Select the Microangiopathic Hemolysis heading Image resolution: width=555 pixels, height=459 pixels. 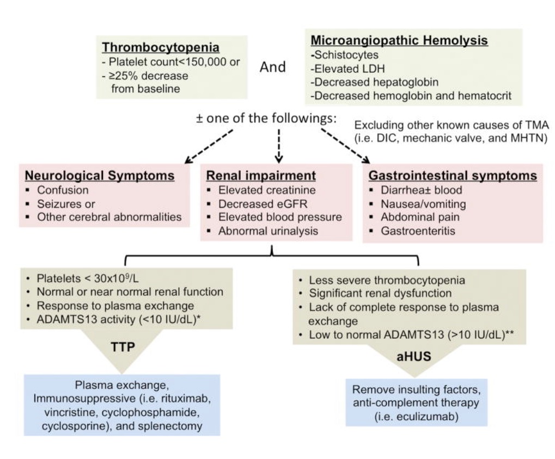point(399,40)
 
